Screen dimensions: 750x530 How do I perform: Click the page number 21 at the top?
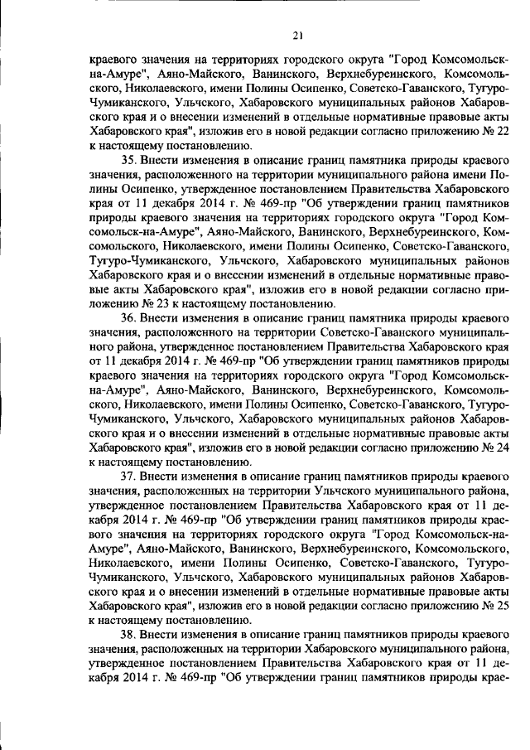297,35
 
